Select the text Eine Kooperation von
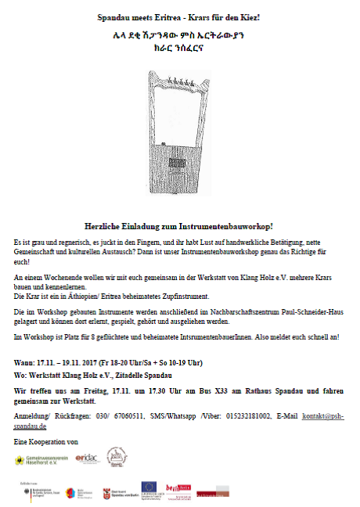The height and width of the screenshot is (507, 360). [x=47, y=442]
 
